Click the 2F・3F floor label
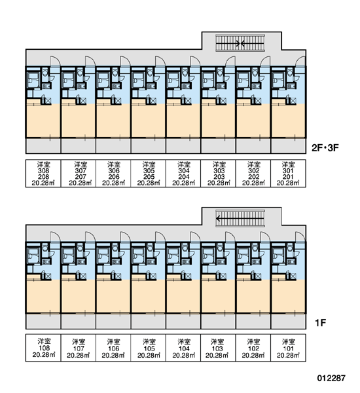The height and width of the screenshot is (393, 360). (325, 148)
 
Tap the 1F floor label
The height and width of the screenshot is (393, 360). (320, 323)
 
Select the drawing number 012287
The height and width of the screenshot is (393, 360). (331, 378)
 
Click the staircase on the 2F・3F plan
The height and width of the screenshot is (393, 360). (240, 43)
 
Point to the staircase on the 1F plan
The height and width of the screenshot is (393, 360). (240, 219)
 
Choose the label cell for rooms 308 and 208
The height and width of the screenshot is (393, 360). (43, 174)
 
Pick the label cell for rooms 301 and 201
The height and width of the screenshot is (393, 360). (288, 174)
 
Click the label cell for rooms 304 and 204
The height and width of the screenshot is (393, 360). (183, 174)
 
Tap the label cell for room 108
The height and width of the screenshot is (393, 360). (43, 348)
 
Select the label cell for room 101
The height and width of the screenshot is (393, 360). (288, 348)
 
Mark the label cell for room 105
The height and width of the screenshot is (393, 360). (149, 348)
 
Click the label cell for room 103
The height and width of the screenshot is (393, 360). (218, 348)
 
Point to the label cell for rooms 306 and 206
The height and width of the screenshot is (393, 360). (113, 174)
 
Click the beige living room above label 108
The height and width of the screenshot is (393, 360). (43, 297)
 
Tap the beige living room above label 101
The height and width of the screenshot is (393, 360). (288, 297)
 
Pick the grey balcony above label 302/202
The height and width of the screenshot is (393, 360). (253, 146)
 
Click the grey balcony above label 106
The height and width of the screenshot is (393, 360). (113, 322)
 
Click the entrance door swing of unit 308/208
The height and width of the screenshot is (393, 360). (56, 62)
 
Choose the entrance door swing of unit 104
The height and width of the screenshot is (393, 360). (196, 237)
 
